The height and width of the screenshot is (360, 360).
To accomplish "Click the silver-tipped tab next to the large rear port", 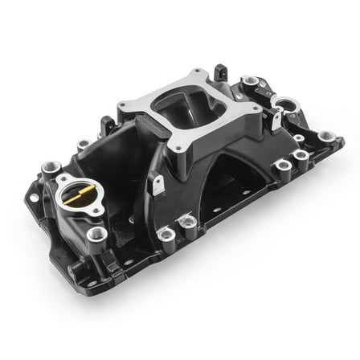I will (x=276, y=118).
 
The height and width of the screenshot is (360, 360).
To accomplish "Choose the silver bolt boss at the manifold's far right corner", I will (x=325, y=137).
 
